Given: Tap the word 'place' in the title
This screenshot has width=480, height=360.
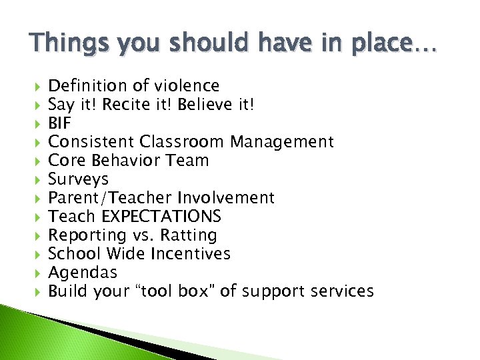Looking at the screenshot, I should [377, 43].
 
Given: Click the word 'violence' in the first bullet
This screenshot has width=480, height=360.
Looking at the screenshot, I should [187, 85].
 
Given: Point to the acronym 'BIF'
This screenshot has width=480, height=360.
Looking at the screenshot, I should [60, 123].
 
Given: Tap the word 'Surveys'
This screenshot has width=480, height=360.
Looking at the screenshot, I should [78, 179].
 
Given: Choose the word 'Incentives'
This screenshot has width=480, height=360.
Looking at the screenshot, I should [191, 254].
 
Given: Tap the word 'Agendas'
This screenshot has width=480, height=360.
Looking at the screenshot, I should [83, 273].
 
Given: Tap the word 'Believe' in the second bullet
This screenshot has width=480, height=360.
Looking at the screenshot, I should [198, 104].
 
